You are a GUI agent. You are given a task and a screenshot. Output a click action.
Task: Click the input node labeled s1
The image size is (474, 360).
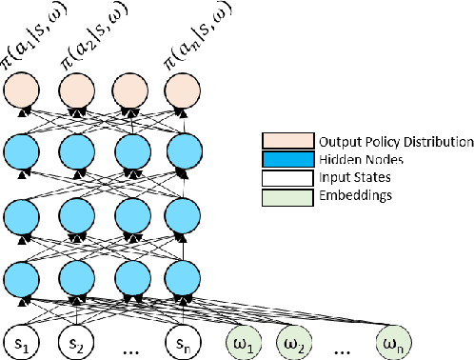tap(21, 339)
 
